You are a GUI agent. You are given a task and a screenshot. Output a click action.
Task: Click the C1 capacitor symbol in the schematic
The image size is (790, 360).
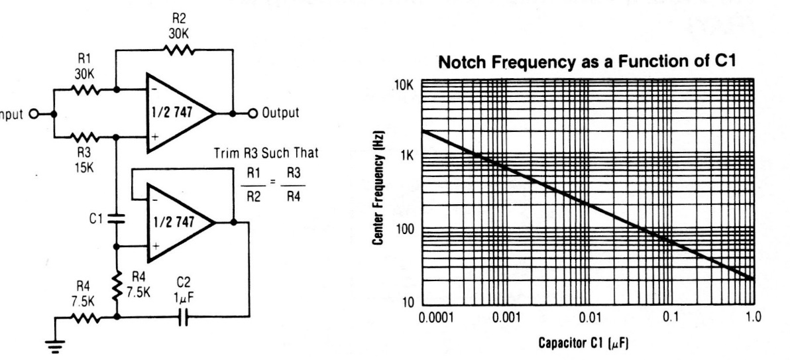[x=117, y=216]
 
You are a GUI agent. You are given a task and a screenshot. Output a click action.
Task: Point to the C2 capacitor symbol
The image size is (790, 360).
[x=184, y=318]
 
